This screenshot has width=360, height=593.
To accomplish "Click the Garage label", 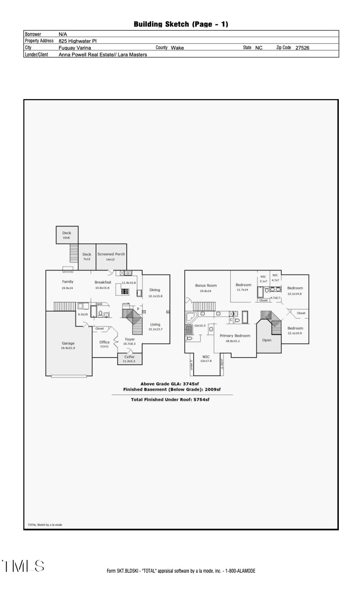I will [68, 343].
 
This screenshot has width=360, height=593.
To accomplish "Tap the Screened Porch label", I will [111, 254].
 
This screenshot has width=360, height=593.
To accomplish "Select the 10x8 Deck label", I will [67, 233].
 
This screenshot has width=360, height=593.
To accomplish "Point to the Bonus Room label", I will [206, 285].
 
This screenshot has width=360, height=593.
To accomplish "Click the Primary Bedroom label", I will [235, 336].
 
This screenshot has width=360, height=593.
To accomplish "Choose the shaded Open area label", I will [267, 340].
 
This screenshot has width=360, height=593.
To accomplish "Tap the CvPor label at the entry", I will [130, 357].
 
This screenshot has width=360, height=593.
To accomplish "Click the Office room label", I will [104, 342].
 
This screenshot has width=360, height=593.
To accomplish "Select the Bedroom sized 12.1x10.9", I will [295, 328].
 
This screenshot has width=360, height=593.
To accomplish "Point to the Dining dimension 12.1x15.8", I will [155, 296].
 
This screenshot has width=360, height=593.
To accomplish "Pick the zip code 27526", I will [302, 48].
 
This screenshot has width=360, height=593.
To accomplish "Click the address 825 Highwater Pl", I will [77, 41].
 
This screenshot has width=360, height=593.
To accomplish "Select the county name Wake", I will [177, 48].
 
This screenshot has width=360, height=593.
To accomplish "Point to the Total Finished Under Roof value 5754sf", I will [201, 399].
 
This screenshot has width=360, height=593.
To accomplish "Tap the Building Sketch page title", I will [180, 24].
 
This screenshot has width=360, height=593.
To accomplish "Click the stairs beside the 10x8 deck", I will [74, 254].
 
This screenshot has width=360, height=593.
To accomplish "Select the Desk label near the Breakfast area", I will [99, 304].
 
